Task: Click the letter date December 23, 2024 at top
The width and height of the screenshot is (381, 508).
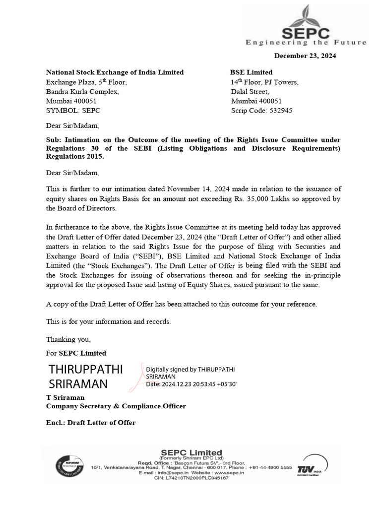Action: pyautogui.click(x=305, y=56)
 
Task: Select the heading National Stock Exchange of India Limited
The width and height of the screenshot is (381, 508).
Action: pyautogui.click(x=115, y=72)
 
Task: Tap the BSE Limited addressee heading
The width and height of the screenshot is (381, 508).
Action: pyautogui.click(x=251, y=72)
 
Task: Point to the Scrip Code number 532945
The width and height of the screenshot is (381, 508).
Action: pyautogui.click(x=280, y=111)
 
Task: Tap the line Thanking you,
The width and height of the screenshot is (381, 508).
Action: pyautogui.click(x=68, y=339)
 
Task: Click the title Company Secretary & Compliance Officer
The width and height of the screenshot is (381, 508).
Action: pyautogui.click(x=116, y=406)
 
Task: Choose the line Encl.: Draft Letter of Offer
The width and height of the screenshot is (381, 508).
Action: pyautogui.click(x=91, y=423)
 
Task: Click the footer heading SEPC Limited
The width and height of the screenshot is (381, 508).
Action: pyautogui.click(x=191, y=452)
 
